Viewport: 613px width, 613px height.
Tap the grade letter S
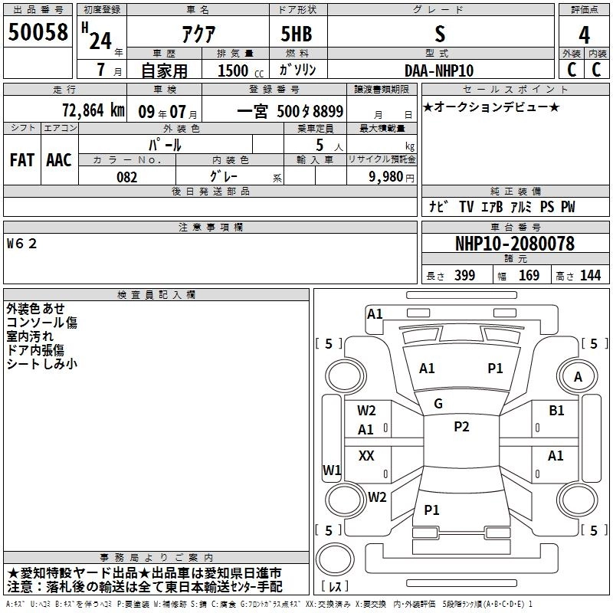[x=439, y=34]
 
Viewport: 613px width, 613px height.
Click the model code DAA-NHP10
[x=439, y=70]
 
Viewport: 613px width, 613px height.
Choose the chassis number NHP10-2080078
[x=514, y=244]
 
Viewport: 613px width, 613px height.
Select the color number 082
[x=126, y=177]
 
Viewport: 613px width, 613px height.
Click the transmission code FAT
[x=21, y=160]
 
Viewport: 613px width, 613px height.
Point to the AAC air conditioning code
[x=58, y=160]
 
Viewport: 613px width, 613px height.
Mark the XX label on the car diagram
[x=366, y=456]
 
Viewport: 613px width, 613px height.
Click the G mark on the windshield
[x=438, y=404]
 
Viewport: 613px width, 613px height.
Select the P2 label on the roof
[x=461, y=427]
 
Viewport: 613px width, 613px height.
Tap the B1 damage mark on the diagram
[x=556, y=411]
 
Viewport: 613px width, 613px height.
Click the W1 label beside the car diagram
[x=331, y=470]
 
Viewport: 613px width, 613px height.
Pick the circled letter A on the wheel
[x=578, y=376]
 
